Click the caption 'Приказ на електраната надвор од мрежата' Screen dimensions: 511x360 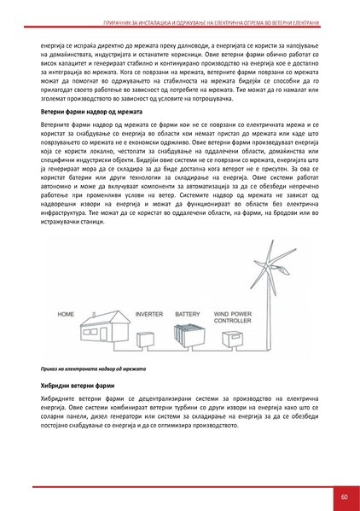click(91, 368)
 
